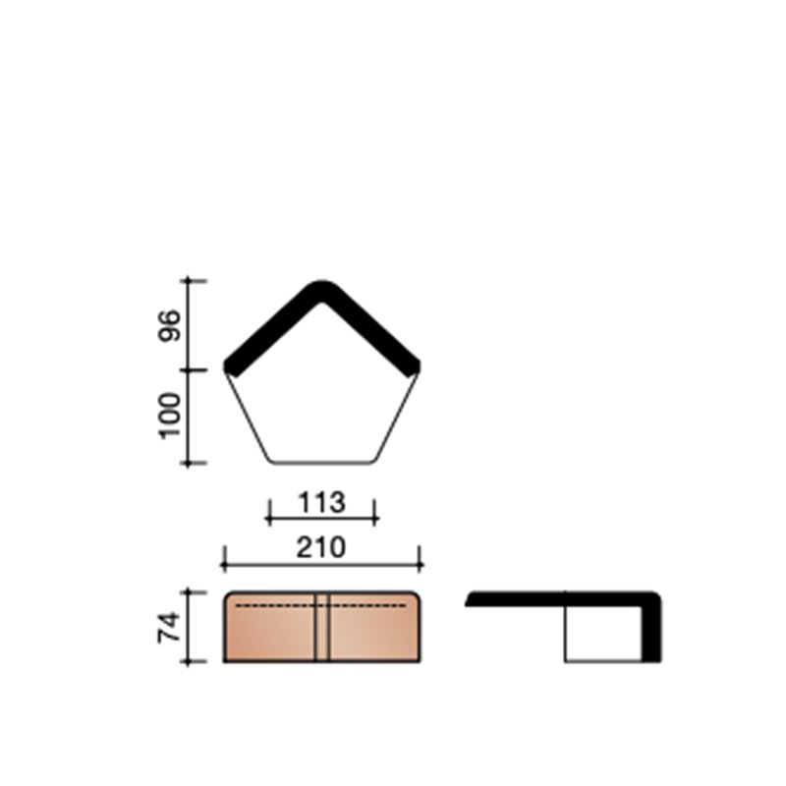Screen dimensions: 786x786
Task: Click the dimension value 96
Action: [171, 325]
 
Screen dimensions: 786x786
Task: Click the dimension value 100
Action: [171, 416]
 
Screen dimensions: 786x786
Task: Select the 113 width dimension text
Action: [322, 503]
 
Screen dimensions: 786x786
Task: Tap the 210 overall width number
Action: [322, 547]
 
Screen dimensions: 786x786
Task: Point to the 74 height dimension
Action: [171, 627]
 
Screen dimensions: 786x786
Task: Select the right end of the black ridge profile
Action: [414, 366]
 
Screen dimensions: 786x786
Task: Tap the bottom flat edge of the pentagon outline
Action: [322, 462]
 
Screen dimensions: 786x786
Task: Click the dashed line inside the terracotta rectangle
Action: [275, 607]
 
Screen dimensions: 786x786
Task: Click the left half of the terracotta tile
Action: [270, 634]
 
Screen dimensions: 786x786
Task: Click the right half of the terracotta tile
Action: [373, 634]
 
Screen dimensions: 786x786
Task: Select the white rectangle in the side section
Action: [602, 632]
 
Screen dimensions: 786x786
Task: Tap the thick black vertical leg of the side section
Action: [650, 629]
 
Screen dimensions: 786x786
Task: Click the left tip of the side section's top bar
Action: [470, 599]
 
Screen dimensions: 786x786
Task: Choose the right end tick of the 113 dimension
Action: [375, 510]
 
